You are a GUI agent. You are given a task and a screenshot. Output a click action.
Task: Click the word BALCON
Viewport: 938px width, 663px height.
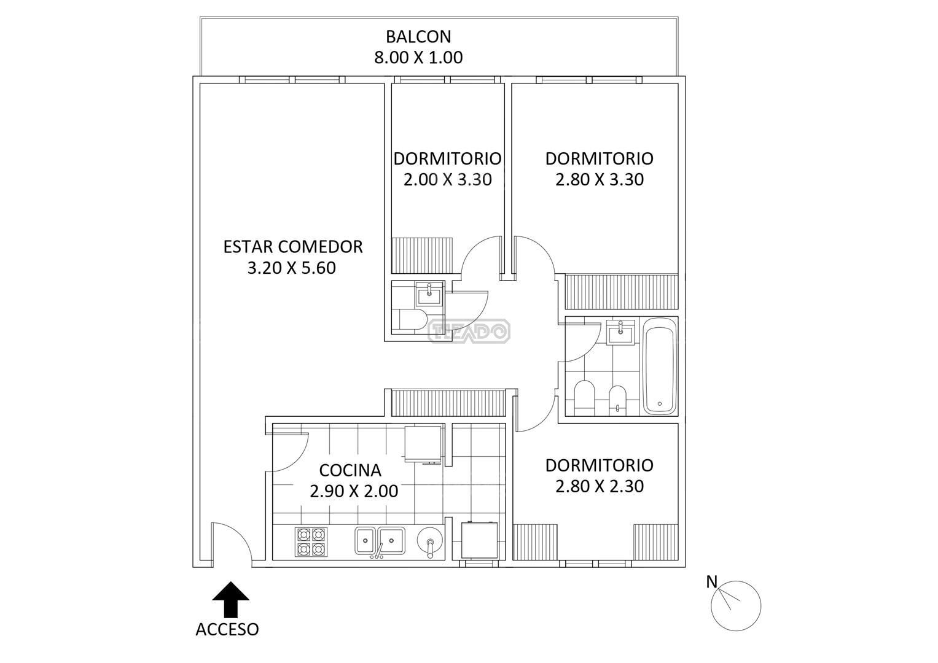[418, 37]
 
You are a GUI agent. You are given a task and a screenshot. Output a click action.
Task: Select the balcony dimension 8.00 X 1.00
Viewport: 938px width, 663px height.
[418, 58]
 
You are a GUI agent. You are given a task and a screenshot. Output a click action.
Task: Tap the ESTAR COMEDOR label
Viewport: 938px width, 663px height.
[292, 247]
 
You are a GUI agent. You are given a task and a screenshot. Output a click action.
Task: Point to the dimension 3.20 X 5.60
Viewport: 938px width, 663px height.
[291, 268]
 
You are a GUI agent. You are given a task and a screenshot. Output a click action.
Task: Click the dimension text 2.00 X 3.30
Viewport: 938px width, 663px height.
[447, 179]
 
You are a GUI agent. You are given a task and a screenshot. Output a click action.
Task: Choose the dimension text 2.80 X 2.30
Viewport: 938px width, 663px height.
[599, 486]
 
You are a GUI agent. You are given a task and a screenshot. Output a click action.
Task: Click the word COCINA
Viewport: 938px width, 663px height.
[350, 470]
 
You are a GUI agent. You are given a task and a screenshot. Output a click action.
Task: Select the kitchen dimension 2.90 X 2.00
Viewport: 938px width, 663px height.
[353, 491]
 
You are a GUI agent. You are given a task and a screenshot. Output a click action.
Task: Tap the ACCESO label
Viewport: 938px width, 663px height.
[227, 630]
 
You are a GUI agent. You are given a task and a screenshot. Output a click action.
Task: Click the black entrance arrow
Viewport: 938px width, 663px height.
[230, 599]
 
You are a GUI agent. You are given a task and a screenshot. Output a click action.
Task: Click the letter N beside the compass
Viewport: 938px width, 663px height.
[711, 582]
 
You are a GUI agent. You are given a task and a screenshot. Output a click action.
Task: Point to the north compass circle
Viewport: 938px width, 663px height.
[736, 606]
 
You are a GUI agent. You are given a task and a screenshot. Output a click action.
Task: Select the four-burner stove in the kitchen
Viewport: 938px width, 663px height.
[311, 541]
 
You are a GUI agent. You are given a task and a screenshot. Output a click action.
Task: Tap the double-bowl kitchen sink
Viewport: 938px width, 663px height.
[379, 540]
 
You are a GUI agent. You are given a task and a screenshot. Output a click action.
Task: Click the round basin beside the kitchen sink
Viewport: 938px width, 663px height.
[429, 541]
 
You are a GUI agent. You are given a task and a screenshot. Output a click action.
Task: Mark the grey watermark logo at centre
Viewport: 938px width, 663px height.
[469, 331]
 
